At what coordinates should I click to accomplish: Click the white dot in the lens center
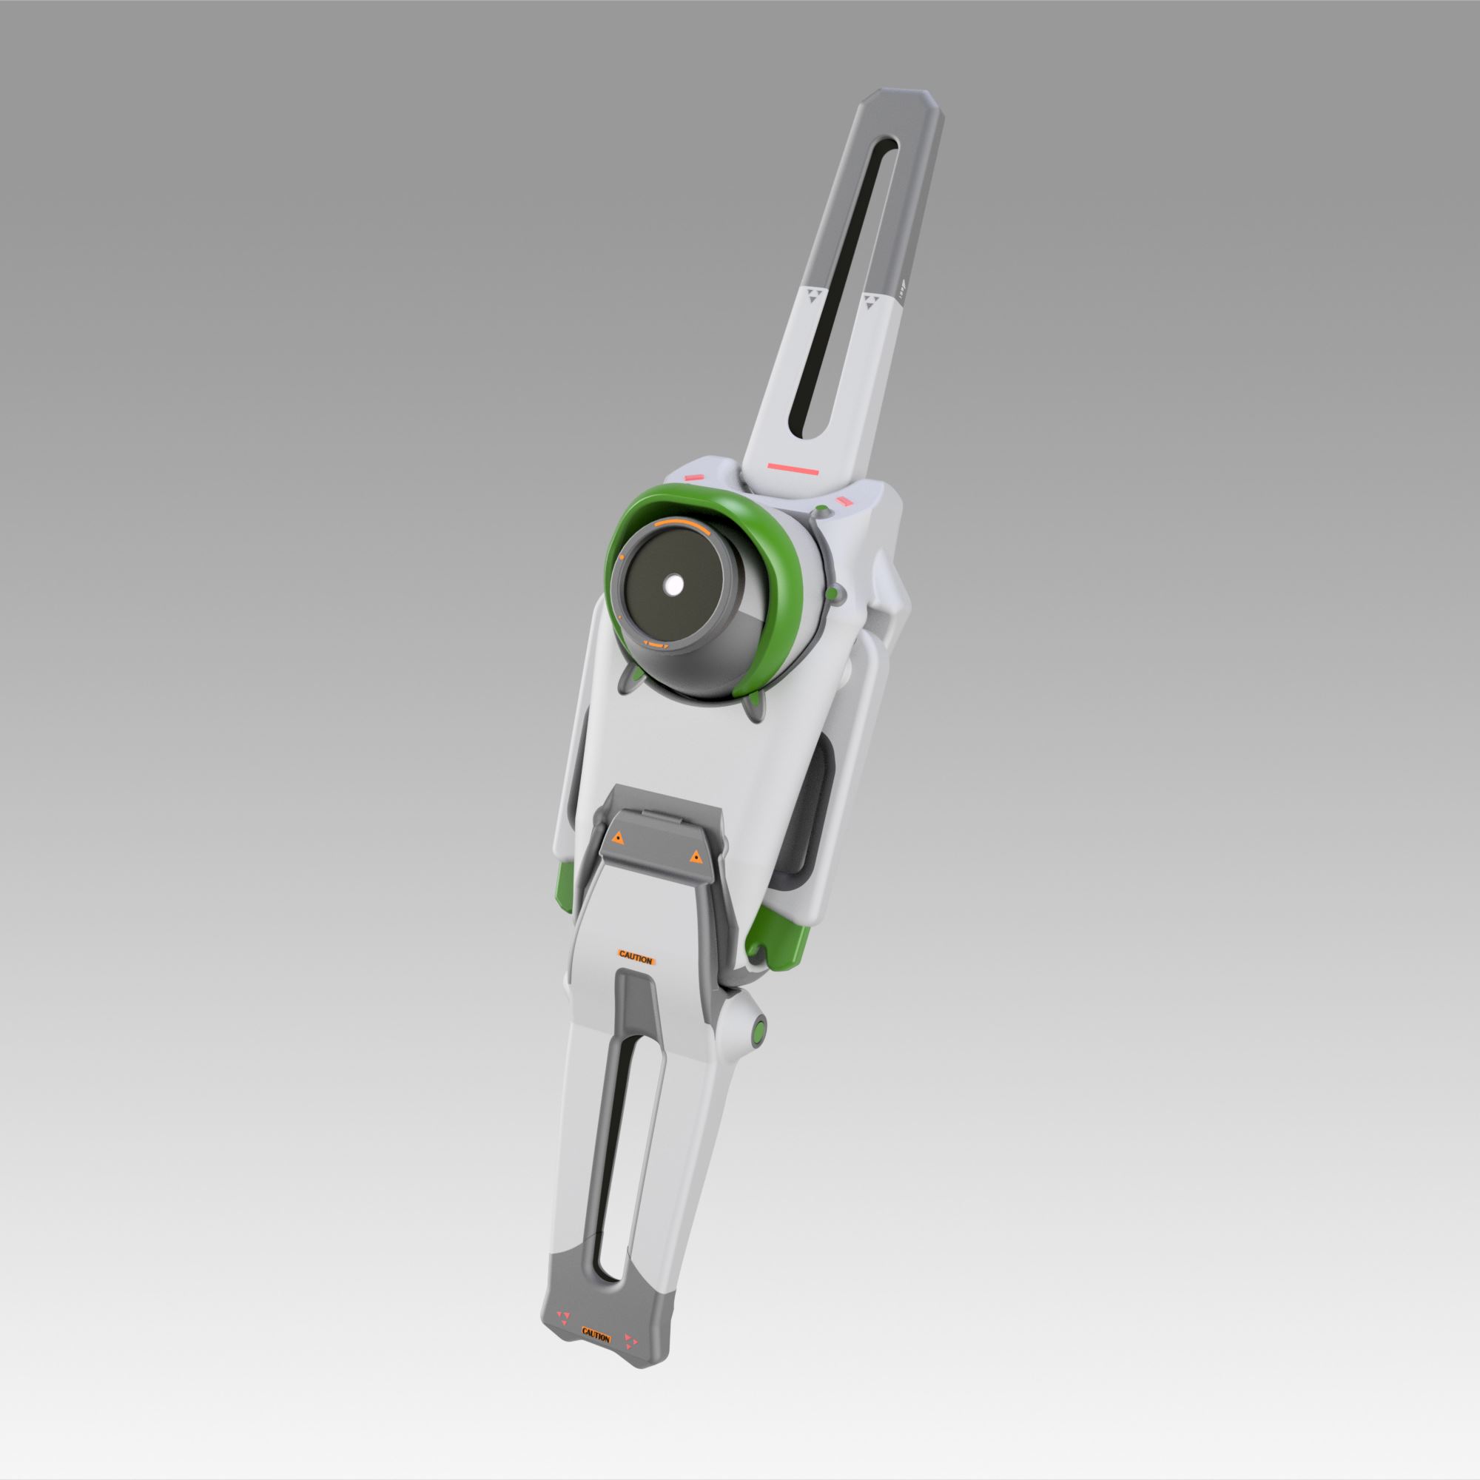(x=674, y=586)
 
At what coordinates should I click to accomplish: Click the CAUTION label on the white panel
(x=635, y=959)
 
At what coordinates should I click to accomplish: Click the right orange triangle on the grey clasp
(x=695, y=855)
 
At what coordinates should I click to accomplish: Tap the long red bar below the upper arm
(x=793, y=465)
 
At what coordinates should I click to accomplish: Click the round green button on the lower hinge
(x=758, y=1032)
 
